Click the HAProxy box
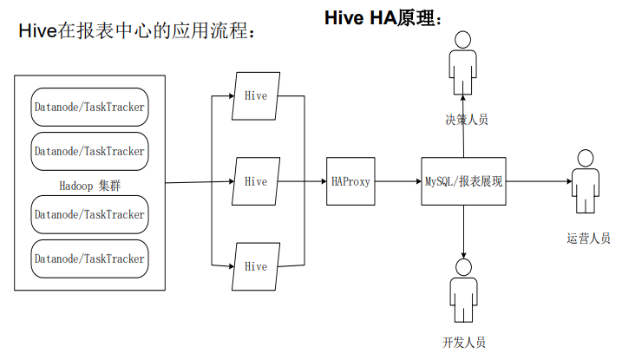tap(350, 181)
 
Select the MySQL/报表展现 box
tap(463, 181)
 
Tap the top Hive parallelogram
tap(256, 95)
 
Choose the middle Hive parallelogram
tap(256, 181)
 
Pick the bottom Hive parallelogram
tap(256, 266)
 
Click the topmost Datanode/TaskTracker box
tap(89, 108)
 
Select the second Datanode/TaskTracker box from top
tap(89, 151)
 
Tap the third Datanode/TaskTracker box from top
tap(89, 214)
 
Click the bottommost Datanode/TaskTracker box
tap(89, 259)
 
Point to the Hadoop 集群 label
tap(89, 185)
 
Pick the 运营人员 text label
tap(588, 239)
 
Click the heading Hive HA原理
tap(383, 17)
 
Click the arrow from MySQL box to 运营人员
tap(538, 181)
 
